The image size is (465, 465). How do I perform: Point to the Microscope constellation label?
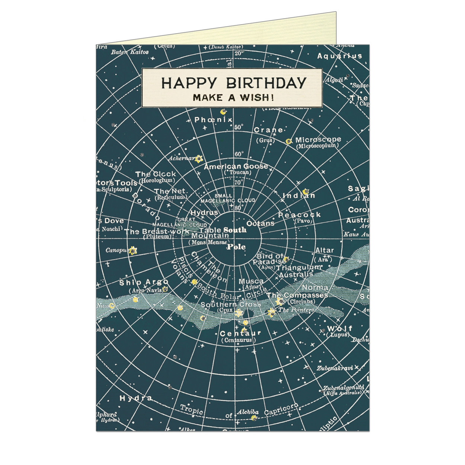click(x=318, y=140)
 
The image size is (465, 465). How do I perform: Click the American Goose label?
click(x=235, y=166)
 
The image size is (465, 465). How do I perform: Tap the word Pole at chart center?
click(x=236, y=246)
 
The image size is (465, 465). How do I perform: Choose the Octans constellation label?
click(x=260, y=223)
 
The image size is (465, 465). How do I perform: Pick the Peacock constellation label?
click(x=299, y=215)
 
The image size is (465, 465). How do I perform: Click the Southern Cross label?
click(x=231, y=305)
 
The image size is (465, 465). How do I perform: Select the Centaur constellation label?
click(x=240, y=333)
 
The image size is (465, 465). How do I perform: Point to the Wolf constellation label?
click(x=339, y=328)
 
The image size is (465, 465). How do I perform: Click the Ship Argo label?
click(x=144, y=283)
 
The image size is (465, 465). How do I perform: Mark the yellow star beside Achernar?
click(x=199, y=159)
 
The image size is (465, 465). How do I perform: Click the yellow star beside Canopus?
click(x=133, y=251)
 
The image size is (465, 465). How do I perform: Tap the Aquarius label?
click(x=339, y=56)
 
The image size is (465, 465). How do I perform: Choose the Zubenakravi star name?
click(x=334, y=368)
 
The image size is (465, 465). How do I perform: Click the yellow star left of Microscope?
click(x=288, y=141)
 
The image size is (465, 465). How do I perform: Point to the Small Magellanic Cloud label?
click(x=228, y=198)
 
